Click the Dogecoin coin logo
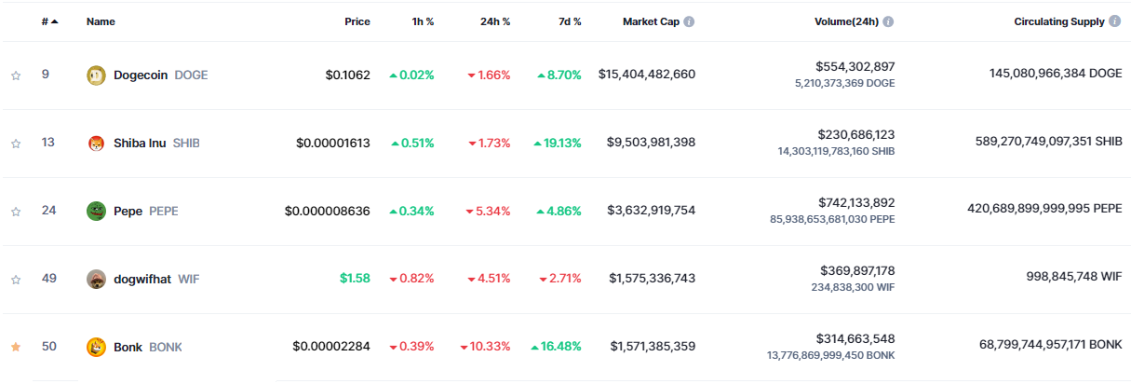(96, 75)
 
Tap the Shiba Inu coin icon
(96, 143)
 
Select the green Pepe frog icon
(96, 211)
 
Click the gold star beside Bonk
(15, 347)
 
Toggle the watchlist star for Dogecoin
(15, 75)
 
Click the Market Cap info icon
(689, 21)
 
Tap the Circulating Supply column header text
(1059, 21)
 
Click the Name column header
(101, 21)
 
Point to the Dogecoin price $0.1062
(347, 75)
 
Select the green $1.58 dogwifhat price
(355, 278)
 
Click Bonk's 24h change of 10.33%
(490, 346)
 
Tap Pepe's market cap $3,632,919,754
(651, 211)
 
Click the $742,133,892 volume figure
(855, 202)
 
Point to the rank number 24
(49, 210)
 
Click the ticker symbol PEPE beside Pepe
(163, 211)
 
